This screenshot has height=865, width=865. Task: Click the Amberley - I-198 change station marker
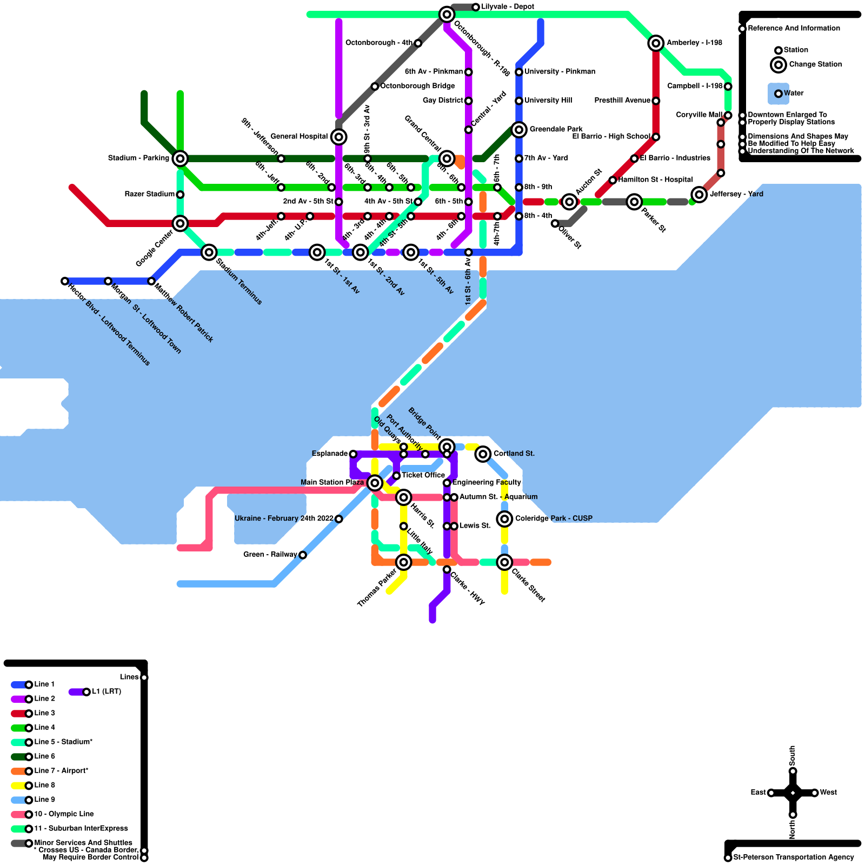(x=656, y=43)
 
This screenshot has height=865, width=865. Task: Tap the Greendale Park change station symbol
(x=519, y=130)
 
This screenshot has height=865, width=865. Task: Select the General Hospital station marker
(x=338, y=137)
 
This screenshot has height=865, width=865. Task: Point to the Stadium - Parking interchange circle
(x=180, y=158)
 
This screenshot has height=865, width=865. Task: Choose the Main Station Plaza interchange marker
(x=375, y=483)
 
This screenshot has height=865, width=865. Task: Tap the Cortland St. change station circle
(x=483, y=454)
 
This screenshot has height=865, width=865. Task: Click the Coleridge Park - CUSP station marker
(x=504, y=519)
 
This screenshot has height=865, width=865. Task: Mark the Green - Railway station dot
(x=303, y=555)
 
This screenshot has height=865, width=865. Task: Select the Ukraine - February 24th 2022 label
(x=284, y=518)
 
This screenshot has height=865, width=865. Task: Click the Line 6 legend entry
(x=44, y=756)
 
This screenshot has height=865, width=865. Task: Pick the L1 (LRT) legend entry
(x=106, y=691)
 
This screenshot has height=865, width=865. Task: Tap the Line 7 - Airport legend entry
(x=61, y=771)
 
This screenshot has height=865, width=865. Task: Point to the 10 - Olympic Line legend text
(x=64, y=814)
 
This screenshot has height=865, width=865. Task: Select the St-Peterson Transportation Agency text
(x=793, y=857)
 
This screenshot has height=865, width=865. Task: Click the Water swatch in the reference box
(x=778, y=94)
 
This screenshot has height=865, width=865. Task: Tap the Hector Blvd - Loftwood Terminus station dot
(x=65, y=281)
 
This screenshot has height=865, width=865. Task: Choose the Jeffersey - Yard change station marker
(x=699, y=195)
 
